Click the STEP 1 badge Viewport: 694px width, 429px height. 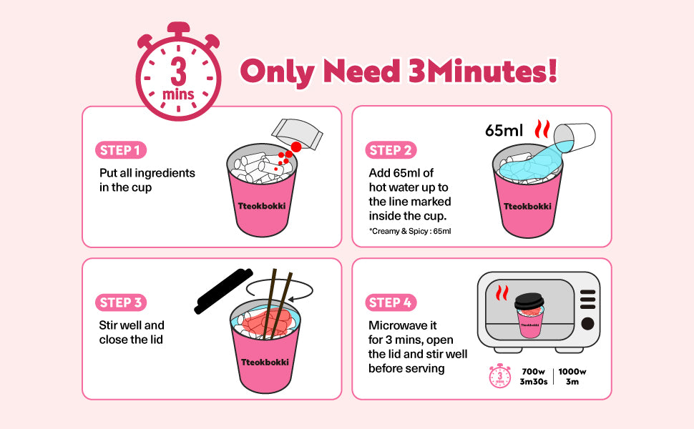pyautogui.click(x=121, y=150)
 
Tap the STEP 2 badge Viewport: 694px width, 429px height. pyautogui.click(x=391, y=150)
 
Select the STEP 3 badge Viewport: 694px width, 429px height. pyautogui.click(x=121, y=302)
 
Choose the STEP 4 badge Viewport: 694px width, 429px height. pyautogui.click(x=391, y=302)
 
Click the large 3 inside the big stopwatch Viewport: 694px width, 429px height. pyautogui.click(x=178, y=71)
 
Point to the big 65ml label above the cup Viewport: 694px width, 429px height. pyautogui.click(x=504, y=130)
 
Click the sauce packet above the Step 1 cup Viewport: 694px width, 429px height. pyautogui.click(x=297, y=134)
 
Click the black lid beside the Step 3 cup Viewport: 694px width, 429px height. pyautogui.click(x=223, y=291)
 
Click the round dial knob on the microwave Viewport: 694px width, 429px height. pyautogui.click(x=587, y=324)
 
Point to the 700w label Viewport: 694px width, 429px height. pyautogui.click(x=533, y=372)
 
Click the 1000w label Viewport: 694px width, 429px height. pyautogui.click(x=572, y=372)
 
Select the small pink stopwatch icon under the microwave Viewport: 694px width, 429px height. pyautogui.click(x=499, y=376)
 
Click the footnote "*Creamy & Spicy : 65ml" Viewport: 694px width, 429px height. pyautogui.click(x=410, y=231)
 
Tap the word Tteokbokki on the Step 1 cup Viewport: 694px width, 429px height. pyautogui.click(x=262, y=206)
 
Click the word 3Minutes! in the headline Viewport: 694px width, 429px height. pyautogui.click(x=482, y=71)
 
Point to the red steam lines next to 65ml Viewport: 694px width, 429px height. pyautogui.click(x=542, y=129)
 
